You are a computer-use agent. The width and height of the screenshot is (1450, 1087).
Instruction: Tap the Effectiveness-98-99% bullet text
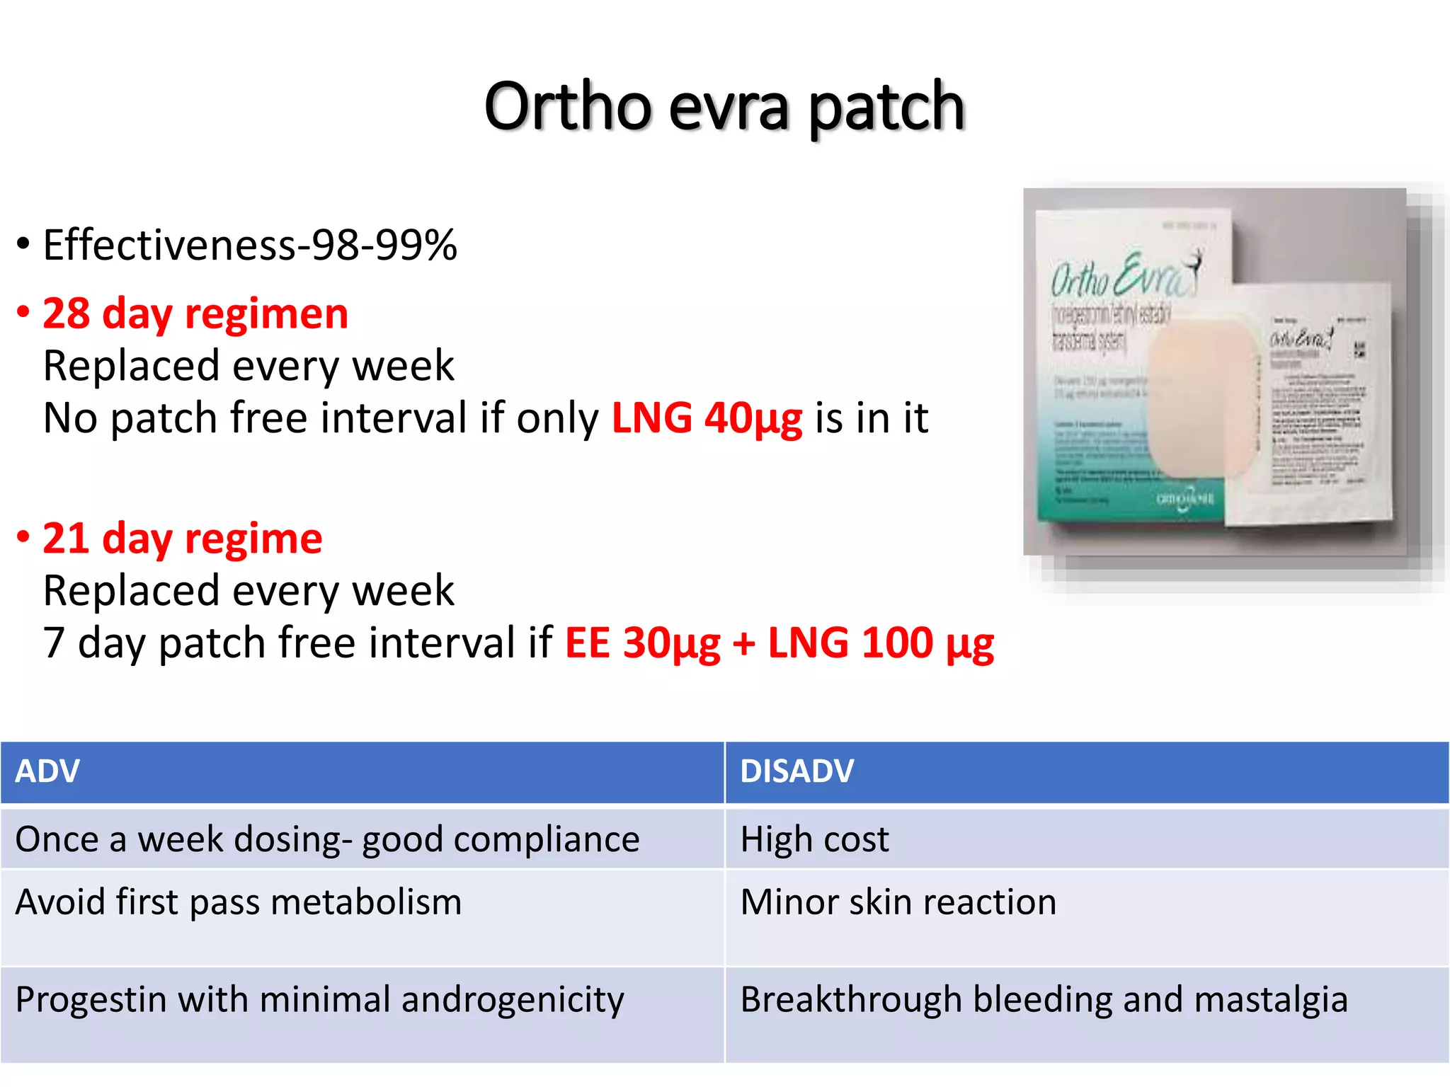pyautogui.click(x=249, y=246)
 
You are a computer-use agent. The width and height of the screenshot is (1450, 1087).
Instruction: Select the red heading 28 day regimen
pyautogui.click(x=195, y=314)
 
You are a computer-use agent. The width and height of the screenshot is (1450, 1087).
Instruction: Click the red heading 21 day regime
pyautogui.click(x=183, y=539)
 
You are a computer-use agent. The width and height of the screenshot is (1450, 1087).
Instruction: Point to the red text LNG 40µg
pyautogui.click(x=707, y=418)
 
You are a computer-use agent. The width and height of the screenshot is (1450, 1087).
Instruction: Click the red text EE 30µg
pyautogui.click(x=642, y=643)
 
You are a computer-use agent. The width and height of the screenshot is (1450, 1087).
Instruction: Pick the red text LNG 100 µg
pyautogui.click(x=881, y=643)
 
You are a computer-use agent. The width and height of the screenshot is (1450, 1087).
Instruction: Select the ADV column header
pyautogui.click(x=47, y=771)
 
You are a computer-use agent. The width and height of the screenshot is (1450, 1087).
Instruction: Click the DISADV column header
pyautogui.click(x=797, y=771)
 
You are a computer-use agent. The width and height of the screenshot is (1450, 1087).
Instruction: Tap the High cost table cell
pyautogui.click(x=814, y=840)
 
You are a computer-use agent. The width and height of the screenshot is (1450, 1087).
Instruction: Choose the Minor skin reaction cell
pyautogui.click(x=898, y=902)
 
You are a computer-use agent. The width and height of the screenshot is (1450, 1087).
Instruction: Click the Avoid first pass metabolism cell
pyautogui.click(x=239, y=902)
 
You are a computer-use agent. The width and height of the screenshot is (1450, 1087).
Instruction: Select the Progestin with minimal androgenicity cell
pyautogui.click(x=319, y=1000)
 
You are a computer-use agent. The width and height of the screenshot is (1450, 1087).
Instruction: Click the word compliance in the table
pyautogui.click(x=547, y=840)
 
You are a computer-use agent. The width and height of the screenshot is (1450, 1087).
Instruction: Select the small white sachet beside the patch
pyautogui.click(x=1310, y=403)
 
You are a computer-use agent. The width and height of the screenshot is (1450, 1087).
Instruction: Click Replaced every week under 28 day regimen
pyautogui.click(x=249, y=366)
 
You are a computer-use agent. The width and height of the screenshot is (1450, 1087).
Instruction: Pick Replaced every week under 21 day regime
pyautogui.click(x=249, y=591)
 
